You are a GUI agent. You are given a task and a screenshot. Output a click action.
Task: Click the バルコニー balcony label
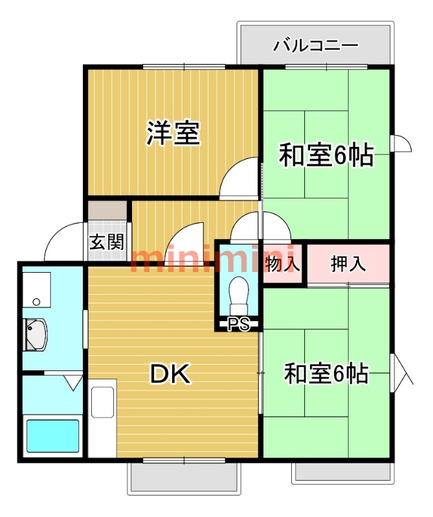tap(315, 46)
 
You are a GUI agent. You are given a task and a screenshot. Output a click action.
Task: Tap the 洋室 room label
tap(172, 132)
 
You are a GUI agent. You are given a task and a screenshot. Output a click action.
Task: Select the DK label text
tap(171, 374)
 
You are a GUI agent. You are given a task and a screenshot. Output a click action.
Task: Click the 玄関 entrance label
tap(106, 243)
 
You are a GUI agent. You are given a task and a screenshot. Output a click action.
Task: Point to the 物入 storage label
tap(283, 264)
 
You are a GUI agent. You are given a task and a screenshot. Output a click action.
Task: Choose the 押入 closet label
tap(348, 264)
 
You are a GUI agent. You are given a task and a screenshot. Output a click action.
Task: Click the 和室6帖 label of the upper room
tap(326, 155)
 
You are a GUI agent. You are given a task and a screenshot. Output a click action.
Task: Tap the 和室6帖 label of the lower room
tap(326, 373)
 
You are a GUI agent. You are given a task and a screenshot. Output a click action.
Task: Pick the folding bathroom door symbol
tap(72, 383)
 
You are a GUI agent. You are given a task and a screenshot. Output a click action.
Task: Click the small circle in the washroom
tap(36, 302)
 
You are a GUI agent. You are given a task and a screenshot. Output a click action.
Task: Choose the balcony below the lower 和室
tap(343, 472)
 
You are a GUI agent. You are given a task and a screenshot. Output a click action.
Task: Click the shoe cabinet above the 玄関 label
tap(107, 211)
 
